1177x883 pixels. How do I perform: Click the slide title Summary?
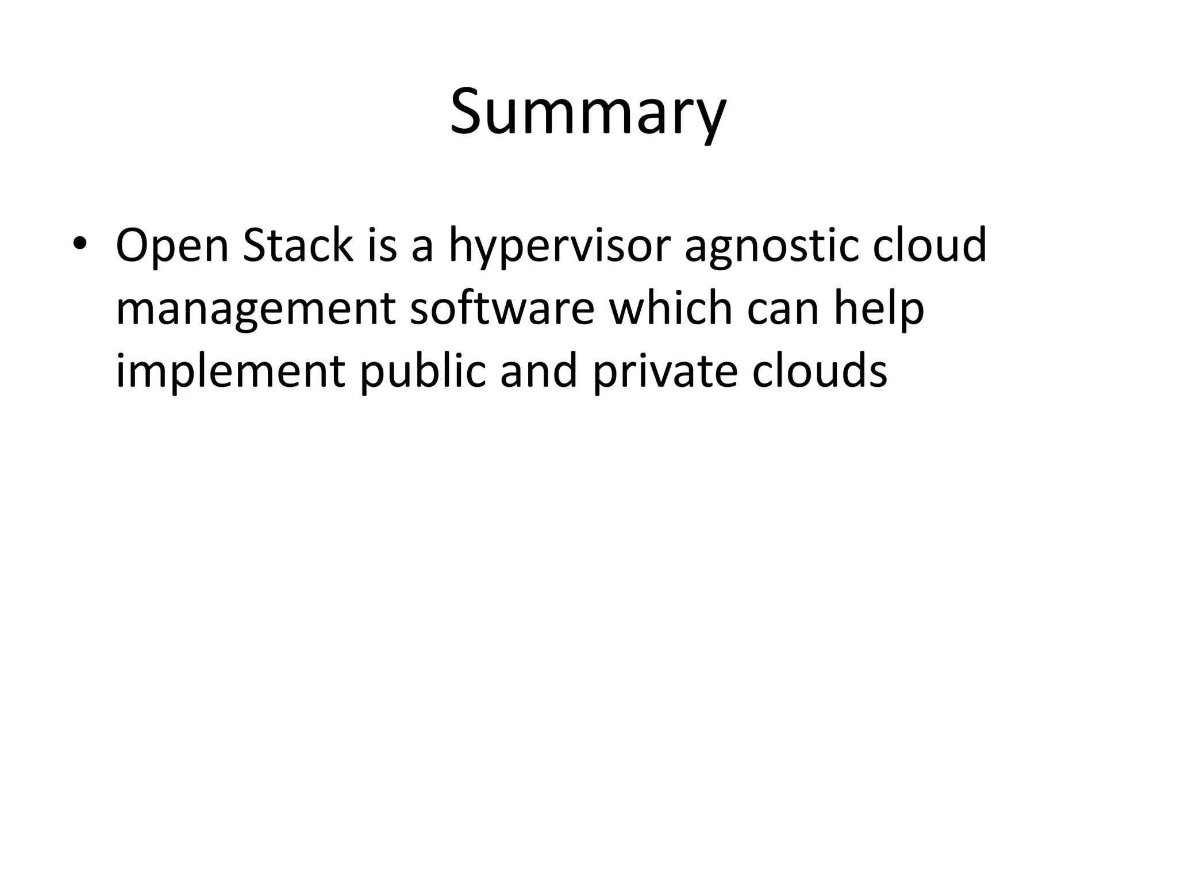coord(588,112)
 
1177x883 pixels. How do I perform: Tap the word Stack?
coord(297,246)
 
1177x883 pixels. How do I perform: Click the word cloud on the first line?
coord(929,246)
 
